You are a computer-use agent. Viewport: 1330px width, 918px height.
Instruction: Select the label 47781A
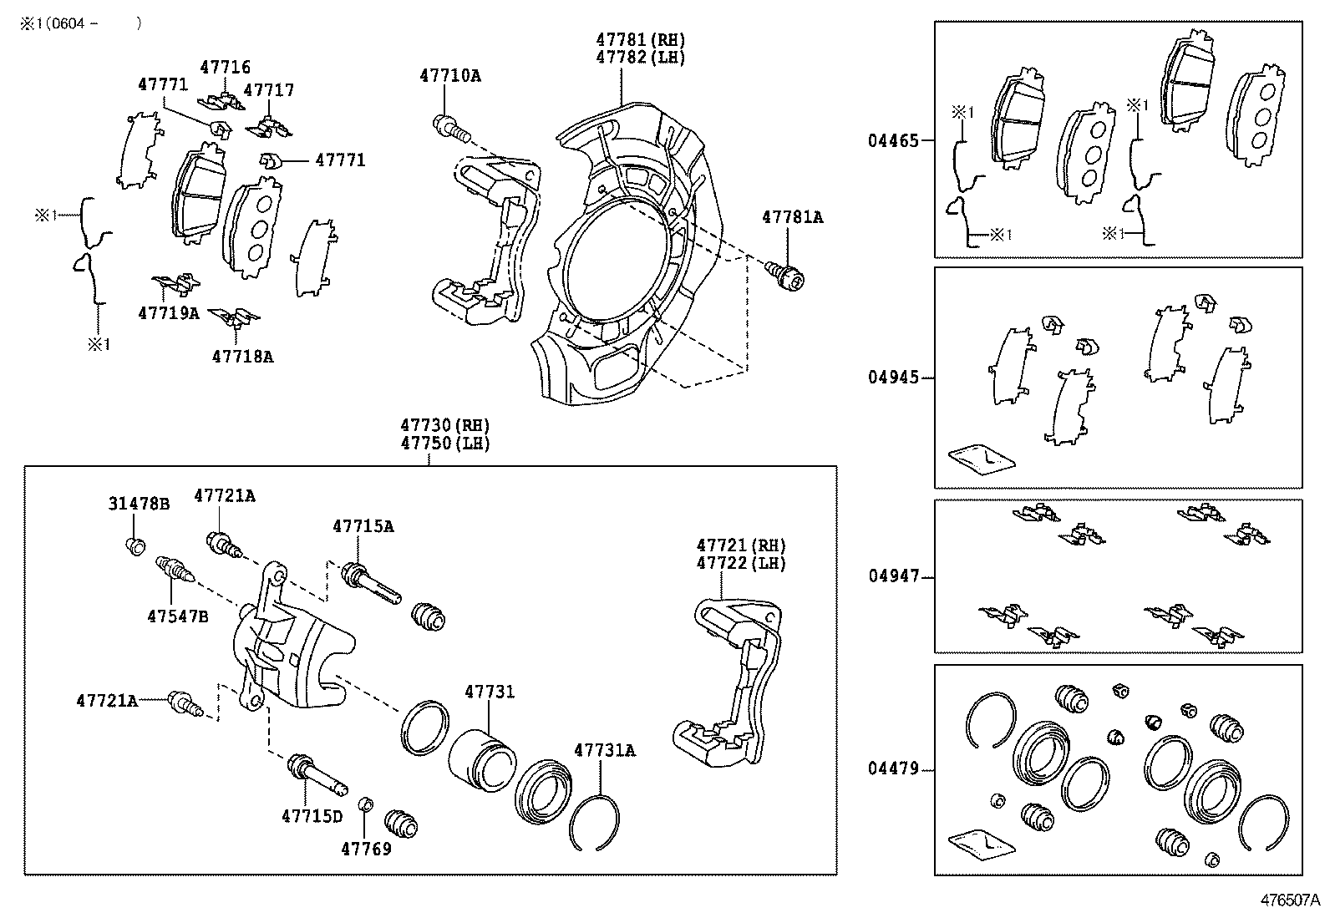[792, 217]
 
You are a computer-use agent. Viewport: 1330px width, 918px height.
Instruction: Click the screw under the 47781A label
[786, 274]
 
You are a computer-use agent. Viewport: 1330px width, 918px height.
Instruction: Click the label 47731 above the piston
[490, 692]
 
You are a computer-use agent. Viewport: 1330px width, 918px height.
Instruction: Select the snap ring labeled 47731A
[594, 822]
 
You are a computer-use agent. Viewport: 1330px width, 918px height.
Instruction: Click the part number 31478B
[139, 504]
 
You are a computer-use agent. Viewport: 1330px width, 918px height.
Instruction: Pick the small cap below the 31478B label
[135, 546]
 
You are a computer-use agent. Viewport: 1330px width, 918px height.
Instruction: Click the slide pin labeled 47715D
[317, 776]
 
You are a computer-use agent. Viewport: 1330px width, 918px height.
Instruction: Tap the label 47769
[366, 849]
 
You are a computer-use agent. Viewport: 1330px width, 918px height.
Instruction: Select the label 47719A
[168, 313]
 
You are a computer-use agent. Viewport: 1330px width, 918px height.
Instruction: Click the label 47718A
[242, 357]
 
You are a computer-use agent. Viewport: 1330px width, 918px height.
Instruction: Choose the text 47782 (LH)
[640, 57]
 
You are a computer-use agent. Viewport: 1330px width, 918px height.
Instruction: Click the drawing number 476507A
[1289, 900]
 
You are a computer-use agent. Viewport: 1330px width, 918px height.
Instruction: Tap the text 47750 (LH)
[444, 444]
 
